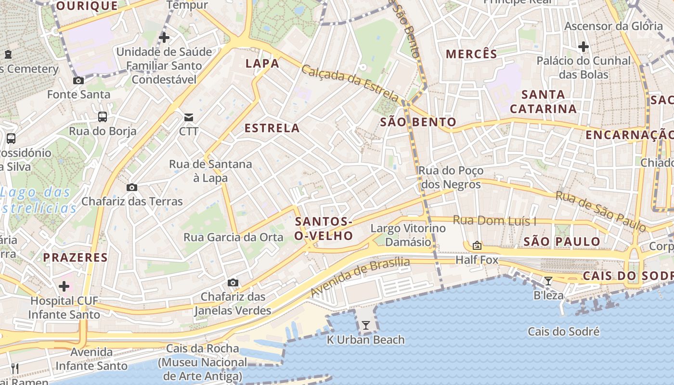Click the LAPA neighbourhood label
click(262, 64)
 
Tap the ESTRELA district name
click(272, 128)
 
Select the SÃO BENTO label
click(418, 122)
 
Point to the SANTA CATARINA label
click(543, 102)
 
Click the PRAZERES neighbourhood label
click(76, 257)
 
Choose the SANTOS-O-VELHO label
click(324, 229)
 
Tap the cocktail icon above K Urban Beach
click(366, 325)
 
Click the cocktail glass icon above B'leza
click(548, 281)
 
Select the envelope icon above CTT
click(188, 117)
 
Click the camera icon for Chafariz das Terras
click(132, 187)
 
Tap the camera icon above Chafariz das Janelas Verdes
click(233, 282)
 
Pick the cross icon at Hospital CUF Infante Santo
click(64, 287)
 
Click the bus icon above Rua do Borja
click(103, 116)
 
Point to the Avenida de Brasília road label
click(360, 277)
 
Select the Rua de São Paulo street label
click(600, 211)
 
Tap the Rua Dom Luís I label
click(495, 221)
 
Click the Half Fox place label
click(477, 260)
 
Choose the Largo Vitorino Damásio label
click(408, 235)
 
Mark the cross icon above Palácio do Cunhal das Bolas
click(583, 47)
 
